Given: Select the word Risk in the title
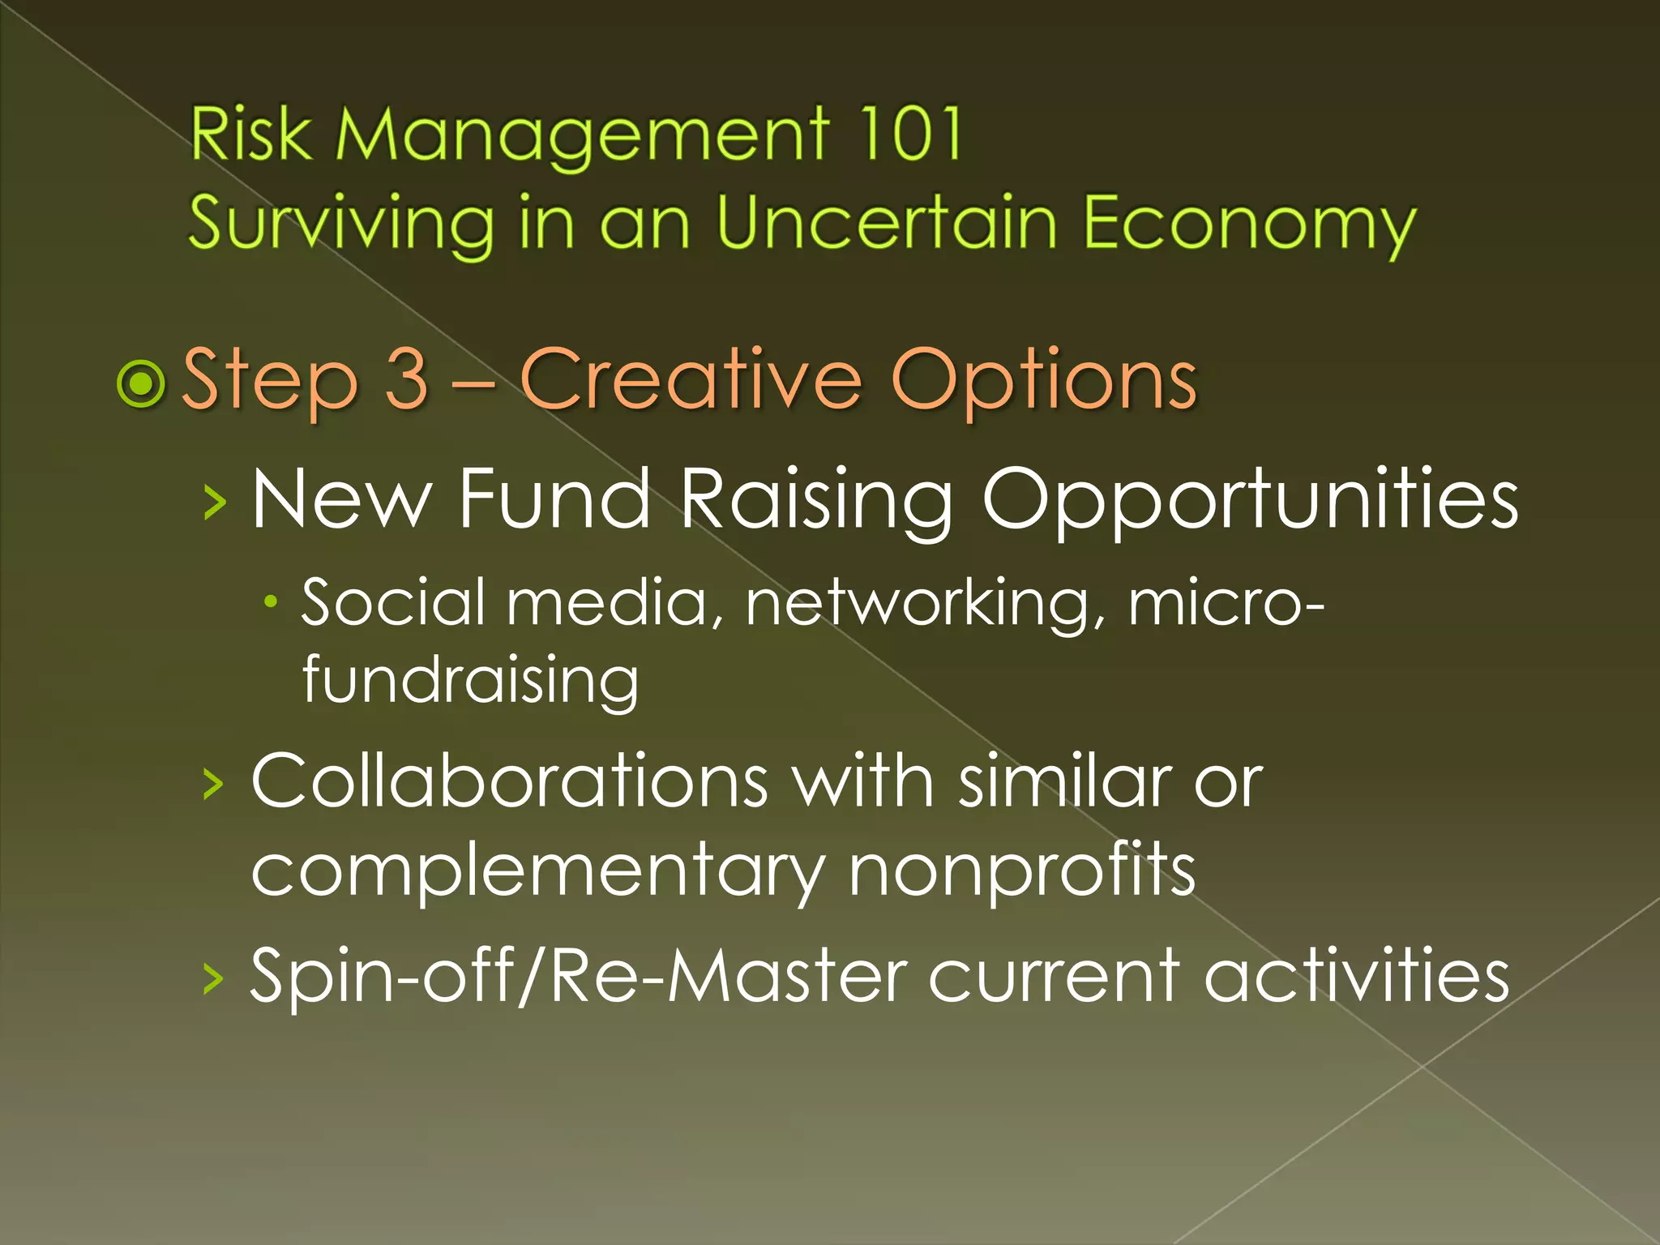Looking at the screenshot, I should pos(250,135).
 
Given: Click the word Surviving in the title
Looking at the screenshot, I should pos(341,224).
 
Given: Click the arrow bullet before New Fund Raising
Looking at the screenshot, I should pos(215,503).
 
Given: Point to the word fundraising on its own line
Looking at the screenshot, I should pos(470,681).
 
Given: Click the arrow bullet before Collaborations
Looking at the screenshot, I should pos(213,784).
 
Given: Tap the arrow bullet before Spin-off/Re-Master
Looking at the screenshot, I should pos(213,978).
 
